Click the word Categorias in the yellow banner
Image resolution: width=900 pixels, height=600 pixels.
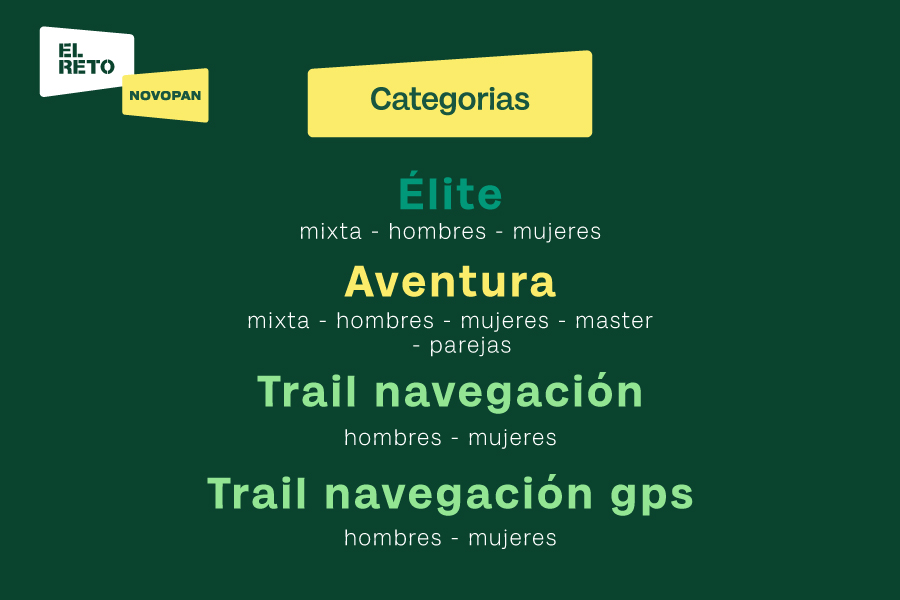449,99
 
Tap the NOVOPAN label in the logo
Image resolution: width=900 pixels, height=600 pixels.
165,95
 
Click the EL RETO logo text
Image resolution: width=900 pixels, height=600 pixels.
86,59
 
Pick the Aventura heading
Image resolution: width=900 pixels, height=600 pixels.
450,282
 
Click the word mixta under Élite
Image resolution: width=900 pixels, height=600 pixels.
331,232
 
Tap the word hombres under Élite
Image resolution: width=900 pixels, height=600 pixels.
437,231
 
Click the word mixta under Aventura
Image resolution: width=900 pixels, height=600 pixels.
278,321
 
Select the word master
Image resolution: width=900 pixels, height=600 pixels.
614,321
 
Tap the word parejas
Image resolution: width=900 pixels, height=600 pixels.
470,346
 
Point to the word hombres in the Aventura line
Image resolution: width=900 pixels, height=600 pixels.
385,320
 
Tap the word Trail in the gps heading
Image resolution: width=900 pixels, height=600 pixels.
257,493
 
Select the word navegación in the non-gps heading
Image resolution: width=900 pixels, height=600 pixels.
509,392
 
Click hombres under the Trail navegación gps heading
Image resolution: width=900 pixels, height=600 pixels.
393,538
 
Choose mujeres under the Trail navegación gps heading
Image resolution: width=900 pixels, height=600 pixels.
513,539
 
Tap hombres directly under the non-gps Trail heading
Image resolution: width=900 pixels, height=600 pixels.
393,438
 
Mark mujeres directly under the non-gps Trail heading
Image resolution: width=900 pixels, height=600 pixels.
513,439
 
